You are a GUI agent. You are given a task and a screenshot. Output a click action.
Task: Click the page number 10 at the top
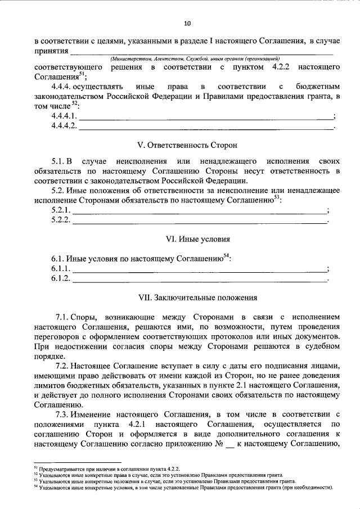pyautogui.click(x=187, y=23)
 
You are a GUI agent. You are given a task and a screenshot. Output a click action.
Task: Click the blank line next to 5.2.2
pyautogui.click(x=200, y=221)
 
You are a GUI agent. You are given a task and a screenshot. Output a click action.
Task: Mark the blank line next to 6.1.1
pyautogui.click(x=200, y=269)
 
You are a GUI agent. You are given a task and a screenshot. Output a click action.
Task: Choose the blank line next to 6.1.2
pyautogui.click(x=200, y=279)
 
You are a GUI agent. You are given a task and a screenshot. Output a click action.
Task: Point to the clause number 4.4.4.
pyautogui.click(x=62, y=88)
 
